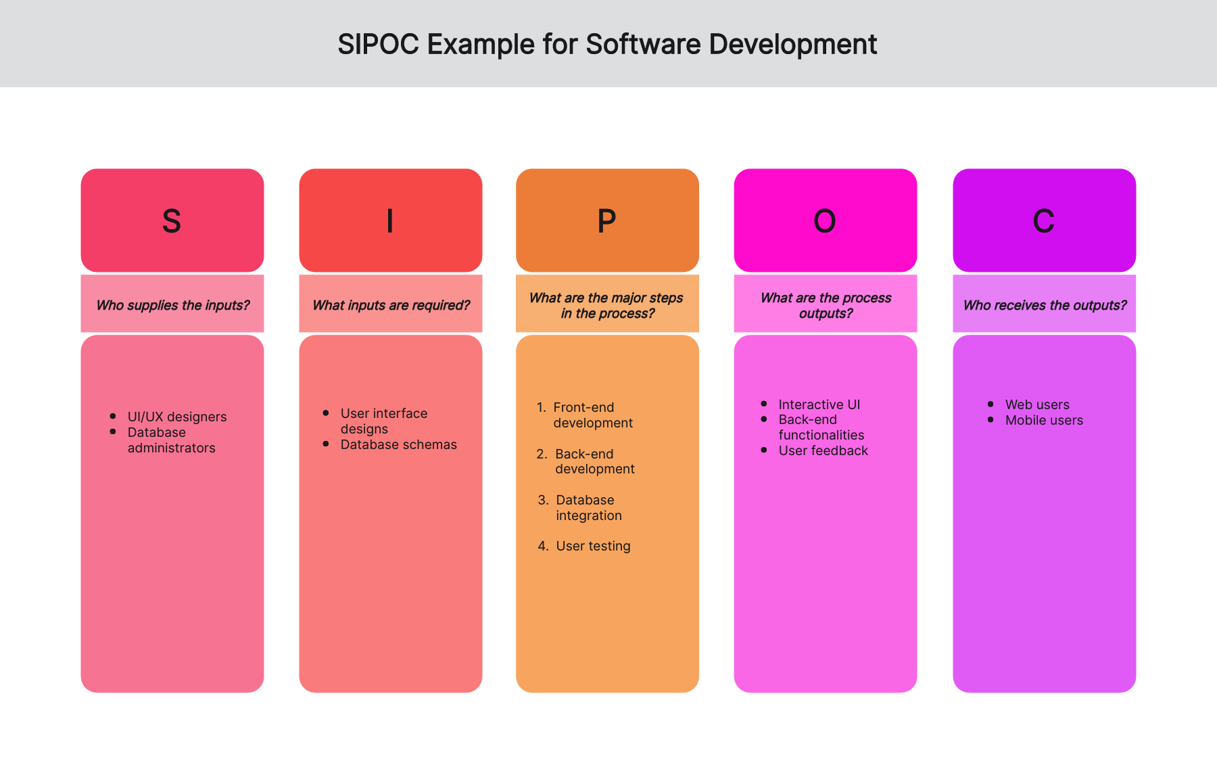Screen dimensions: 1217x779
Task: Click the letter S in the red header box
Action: tap(172, 221)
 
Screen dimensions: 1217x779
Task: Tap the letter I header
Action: tap(390, 221)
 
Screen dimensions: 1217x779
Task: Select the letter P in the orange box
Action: tap(607, 221)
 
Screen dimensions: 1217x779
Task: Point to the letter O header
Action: tap(825, 221)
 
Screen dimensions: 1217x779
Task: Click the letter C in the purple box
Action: tap(1044, 221)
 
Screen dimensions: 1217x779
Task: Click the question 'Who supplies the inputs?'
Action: tap(173, 305)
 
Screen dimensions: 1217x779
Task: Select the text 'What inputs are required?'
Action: tap(391, 305)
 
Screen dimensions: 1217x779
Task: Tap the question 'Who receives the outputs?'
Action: tap(1045, 305)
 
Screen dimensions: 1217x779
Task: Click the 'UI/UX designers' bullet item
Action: tap(177, 417)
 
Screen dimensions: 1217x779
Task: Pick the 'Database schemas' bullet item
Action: tap(399, 444)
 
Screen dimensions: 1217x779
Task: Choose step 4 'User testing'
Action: tap(593, 546)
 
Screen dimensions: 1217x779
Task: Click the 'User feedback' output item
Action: tap(824, 450)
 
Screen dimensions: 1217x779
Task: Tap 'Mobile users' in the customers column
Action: tap(1044, 420)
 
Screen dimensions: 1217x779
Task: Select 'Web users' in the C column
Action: tap(1037, 404)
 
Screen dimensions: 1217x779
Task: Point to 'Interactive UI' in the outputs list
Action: tap(819, 404)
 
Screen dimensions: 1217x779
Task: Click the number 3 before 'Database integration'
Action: tap(543, 500)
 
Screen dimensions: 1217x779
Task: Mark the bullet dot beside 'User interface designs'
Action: tap(326, 412)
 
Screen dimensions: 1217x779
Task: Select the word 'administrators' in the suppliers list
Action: tap(172, 448)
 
